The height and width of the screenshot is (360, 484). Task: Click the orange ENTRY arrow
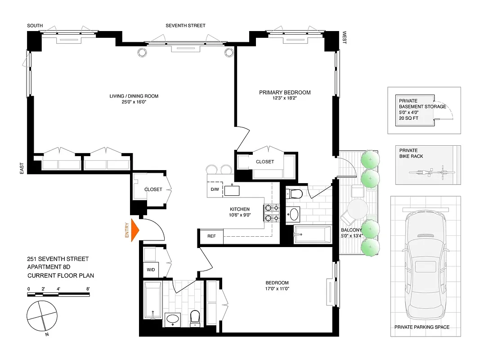(134, 230)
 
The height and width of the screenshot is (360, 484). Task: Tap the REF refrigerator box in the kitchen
(211, 236)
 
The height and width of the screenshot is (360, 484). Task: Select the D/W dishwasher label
(215, 189)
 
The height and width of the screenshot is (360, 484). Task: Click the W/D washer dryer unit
(150, 270)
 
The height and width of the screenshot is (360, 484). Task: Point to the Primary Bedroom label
(285, 93)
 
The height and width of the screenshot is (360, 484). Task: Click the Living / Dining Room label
(134, 96)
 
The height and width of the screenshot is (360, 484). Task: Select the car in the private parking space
(425, 265)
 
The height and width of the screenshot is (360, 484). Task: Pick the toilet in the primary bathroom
(296, 194)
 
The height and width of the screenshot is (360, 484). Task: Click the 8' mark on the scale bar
(88, 289)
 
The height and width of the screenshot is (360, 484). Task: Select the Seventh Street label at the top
(185, 26)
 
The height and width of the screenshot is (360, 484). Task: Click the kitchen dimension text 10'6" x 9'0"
(240, 215)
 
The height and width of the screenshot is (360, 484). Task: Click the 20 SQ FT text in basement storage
(409, 118)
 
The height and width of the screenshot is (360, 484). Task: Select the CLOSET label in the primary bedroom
(265, 162)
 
